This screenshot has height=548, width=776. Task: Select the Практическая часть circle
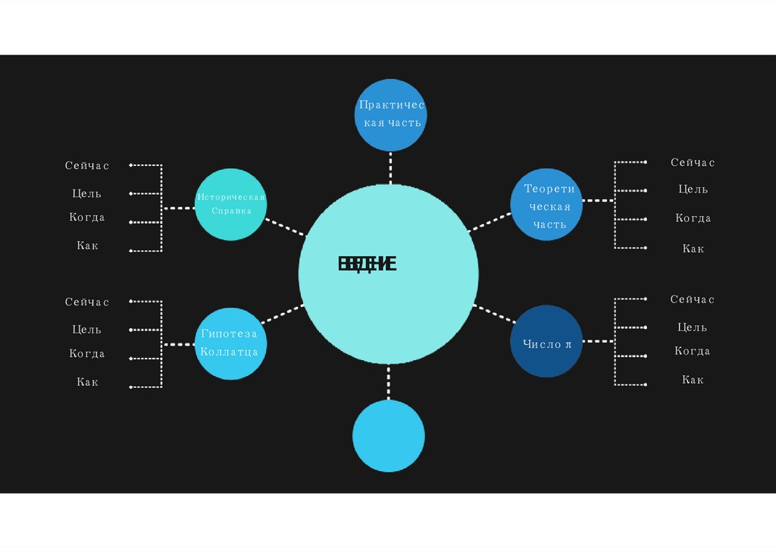pos(390,114)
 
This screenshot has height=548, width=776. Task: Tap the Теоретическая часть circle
pos(546,205)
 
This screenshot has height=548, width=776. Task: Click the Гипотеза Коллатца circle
pos(230,343)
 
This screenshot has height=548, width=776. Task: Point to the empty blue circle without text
pos(389,436)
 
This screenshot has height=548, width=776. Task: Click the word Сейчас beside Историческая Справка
pos(87,165)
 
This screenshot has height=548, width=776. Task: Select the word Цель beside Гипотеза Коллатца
pos(87,330)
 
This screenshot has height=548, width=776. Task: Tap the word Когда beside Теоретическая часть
pos(693,218)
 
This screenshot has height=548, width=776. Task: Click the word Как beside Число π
pos(693,380)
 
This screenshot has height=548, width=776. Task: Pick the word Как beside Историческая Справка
pos(87,246)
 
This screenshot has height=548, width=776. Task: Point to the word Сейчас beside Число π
pos(693,299)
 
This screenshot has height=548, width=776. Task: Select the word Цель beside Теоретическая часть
pos(693,189)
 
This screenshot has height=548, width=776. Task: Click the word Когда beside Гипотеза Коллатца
pos(87,354)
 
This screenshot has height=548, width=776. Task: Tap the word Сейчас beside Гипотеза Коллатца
pos(87,302)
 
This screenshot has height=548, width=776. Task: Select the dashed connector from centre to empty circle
pos(389,383)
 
